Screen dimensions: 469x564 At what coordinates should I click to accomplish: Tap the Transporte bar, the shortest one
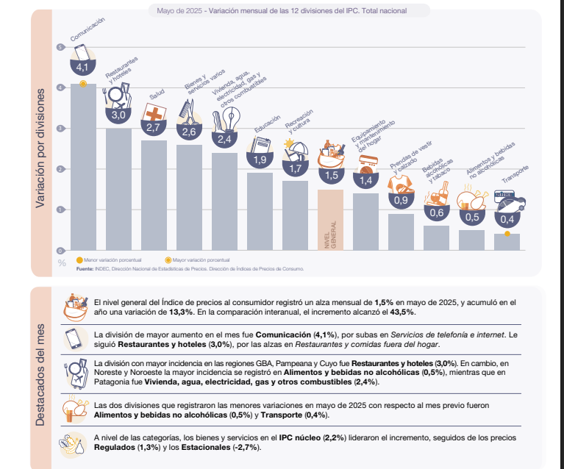click(x=507, y=242)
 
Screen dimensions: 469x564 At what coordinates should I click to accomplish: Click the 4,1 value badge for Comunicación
click(x=82, y=67)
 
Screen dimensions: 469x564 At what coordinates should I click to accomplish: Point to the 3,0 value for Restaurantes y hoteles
click(x=118, y=115)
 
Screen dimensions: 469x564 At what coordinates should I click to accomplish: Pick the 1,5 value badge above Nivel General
click(x=331, y=176)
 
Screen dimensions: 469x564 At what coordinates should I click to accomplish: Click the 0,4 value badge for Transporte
click(x=507, y=219)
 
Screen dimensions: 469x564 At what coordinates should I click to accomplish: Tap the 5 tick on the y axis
click(x=60, y=48)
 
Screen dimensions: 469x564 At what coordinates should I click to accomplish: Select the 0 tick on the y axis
click(x=60, y=250)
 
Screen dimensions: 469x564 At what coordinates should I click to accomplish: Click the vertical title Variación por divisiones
click(x=42, y=147)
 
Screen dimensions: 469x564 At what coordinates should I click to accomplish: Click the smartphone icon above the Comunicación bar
click(x=81, y=51)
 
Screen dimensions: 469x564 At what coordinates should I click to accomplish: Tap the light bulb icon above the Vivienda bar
click(x=231, y=118)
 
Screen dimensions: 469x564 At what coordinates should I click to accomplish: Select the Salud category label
click(x=157, y=95)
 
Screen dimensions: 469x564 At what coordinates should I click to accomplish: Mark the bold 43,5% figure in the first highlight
click(x=402, y=312)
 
